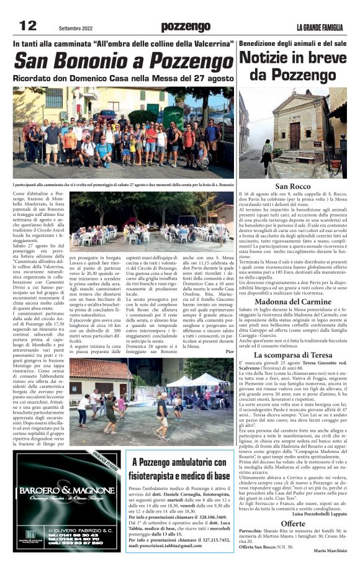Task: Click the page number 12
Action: point(28,25)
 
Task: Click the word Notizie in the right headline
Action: point(266,58)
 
